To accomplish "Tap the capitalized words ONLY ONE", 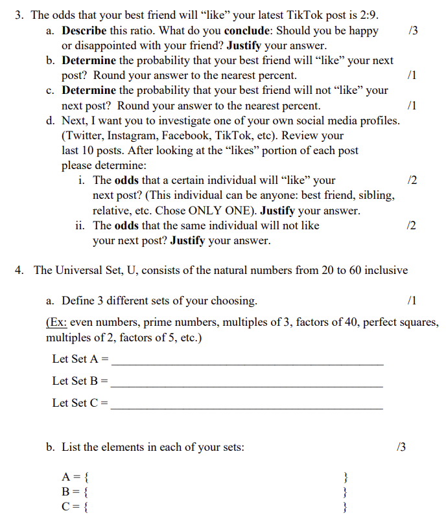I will [220, 211].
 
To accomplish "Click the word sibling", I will [376, 195].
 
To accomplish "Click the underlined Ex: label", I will [56, 322].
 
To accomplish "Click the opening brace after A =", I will [88, 479].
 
